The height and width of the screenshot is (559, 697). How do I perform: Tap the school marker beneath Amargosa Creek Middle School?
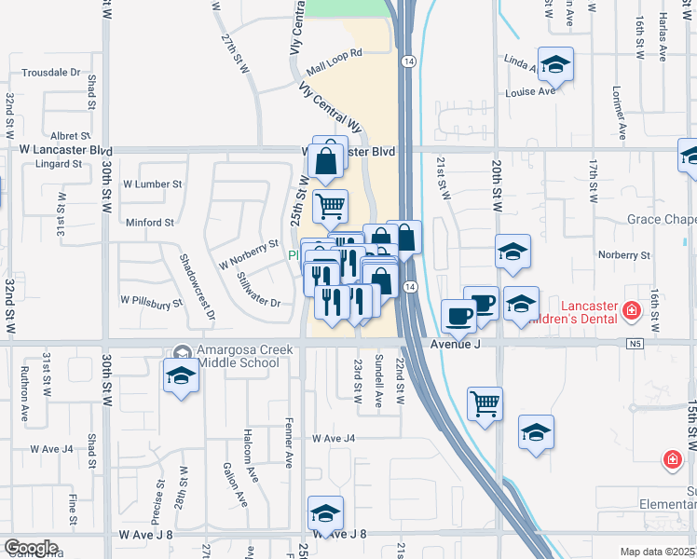(x=182, y=376)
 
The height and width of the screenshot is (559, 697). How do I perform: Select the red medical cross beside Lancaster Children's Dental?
(x=633, y=309)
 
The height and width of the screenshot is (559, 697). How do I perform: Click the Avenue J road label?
(x=455, y=344)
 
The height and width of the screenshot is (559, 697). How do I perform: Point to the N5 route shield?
(x=635, y=344)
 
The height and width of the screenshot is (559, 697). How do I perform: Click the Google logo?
(x=31, y=548)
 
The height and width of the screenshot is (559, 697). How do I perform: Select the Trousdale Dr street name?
(x=51, y=72)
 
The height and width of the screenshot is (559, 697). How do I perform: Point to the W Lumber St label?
(x=149, y=184)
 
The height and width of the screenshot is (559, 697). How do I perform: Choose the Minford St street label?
(x=150, y=223)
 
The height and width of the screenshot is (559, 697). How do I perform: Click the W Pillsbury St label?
(x=150, y=302)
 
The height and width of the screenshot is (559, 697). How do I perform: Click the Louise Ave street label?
(x=529, y=91)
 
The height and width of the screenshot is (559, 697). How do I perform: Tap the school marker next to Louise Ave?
(x=555, y=63)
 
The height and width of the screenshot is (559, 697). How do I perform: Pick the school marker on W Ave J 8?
(x=325, y=512)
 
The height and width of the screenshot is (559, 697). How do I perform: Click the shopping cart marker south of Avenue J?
(x=485, y=403)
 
